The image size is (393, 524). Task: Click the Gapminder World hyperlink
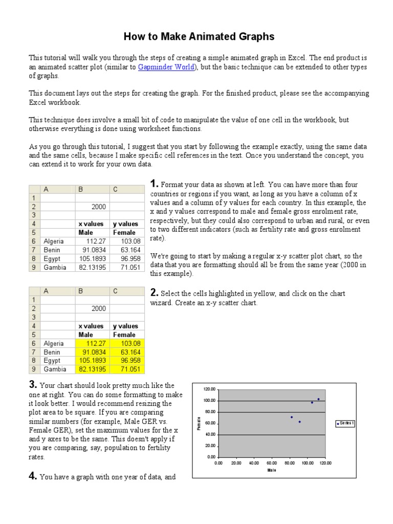click(x=166, y=68)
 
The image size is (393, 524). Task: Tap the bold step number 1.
click(x=154, y=184)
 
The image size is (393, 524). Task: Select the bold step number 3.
click(x=32, y=385)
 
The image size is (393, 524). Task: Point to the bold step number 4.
click(x=32, y=476)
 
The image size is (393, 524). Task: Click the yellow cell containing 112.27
click(x=92, y=343)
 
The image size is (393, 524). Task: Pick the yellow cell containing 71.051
click(x=127, y=369)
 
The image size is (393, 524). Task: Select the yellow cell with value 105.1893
click(x=92, y=361)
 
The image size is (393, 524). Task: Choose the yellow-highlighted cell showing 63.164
click(x=127, y=352)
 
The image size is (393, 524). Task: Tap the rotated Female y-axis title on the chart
click(x=199, y=423)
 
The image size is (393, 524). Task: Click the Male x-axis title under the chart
click(x=271, y=470)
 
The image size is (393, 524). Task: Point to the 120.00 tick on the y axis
click(x=210, y=389)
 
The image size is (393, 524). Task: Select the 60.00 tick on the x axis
click(x=272, y=463)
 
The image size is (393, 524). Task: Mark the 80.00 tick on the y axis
click(x=210, y=412)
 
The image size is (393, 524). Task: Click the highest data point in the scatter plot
click(x=318, y=399)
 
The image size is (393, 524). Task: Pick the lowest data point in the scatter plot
click(x=300, y=422)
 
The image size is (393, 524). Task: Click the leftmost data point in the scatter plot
click(x=292, y=417)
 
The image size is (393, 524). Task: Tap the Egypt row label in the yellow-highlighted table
click(x=53, y=361)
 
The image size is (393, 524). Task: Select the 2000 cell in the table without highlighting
click(x=92, y=206)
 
